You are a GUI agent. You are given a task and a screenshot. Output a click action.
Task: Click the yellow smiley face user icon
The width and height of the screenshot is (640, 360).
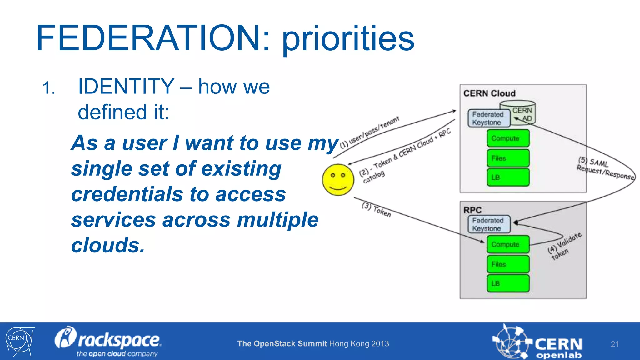point(338,180)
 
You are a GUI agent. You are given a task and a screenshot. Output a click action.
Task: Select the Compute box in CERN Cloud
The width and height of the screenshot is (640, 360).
point(508,138)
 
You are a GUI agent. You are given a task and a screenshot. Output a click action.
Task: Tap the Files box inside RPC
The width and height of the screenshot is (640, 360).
point(508,264)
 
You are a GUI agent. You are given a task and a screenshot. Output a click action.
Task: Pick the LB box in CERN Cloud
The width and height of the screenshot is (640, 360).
point(508,177)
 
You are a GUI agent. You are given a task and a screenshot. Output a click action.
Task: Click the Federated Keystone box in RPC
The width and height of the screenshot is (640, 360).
point(489,224)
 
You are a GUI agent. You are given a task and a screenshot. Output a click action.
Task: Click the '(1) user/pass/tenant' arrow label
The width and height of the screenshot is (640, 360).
point(369,132)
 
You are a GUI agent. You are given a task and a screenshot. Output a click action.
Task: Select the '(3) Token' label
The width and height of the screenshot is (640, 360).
point(376,210)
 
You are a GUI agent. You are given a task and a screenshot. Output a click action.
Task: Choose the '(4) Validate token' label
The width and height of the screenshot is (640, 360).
point(564,246)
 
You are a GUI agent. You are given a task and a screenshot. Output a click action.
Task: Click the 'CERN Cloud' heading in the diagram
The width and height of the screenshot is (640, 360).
point(489,93)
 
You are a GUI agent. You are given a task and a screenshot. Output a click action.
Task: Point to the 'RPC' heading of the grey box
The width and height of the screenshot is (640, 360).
point(472,210)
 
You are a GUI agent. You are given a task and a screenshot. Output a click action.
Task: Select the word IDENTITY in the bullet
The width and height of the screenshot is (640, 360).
point(126,87)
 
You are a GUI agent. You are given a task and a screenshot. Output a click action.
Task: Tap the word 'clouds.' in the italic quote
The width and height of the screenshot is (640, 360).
point(108,245)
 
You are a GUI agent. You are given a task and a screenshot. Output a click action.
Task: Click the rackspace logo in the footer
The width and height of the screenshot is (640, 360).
point(108,342)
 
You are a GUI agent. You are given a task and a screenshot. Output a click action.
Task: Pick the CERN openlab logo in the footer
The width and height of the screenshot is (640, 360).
point(537,343)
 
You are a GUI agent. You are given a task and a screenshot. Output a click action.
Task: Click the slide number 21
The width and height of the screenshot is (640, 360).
point(614,344)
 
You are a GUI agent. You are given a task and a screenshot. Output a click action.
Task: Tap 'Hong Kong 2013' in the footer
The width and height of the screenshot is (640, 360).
point(359,344)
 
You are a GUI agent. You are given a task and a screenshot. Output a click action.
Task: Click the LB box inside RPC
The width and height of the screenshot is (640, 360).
point(508,283)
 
